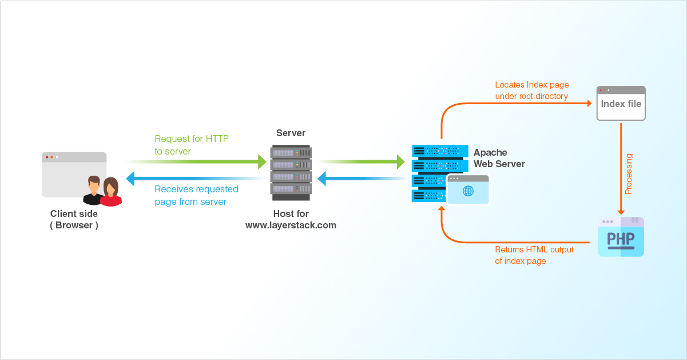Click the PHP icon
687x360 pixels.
[x=621, y=237]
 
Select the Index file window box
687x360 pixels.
[x=621, y=104]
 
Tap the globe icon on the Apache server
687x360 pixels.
[x=468, y=191]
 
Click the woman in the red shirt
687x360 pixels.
[x=111, y=192]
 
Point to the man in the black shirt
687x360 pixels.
[x=93, y=191]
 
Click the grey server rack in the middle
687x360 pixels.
[x=291, y=172]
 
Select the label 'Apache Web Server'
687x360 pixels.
[x=499, y=159]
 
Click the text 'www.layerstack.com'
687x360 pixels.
[x=291, y=226]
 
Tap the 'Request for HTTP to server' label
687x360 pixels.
[x=192, y=145]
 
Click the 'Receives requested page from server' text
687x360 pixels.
[x=196, y=195]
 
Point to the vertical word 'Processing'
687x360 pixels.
[x=629, y=173]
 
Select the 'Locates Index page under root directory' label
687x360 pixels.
[x=531, y=90]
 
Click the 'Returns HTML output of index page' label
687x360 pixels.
[x=534, y=255]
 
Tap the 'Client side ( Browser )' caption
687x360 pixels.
[x=74, y=220]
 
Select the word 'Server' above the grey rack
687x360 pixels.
[x=291, y=133]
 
